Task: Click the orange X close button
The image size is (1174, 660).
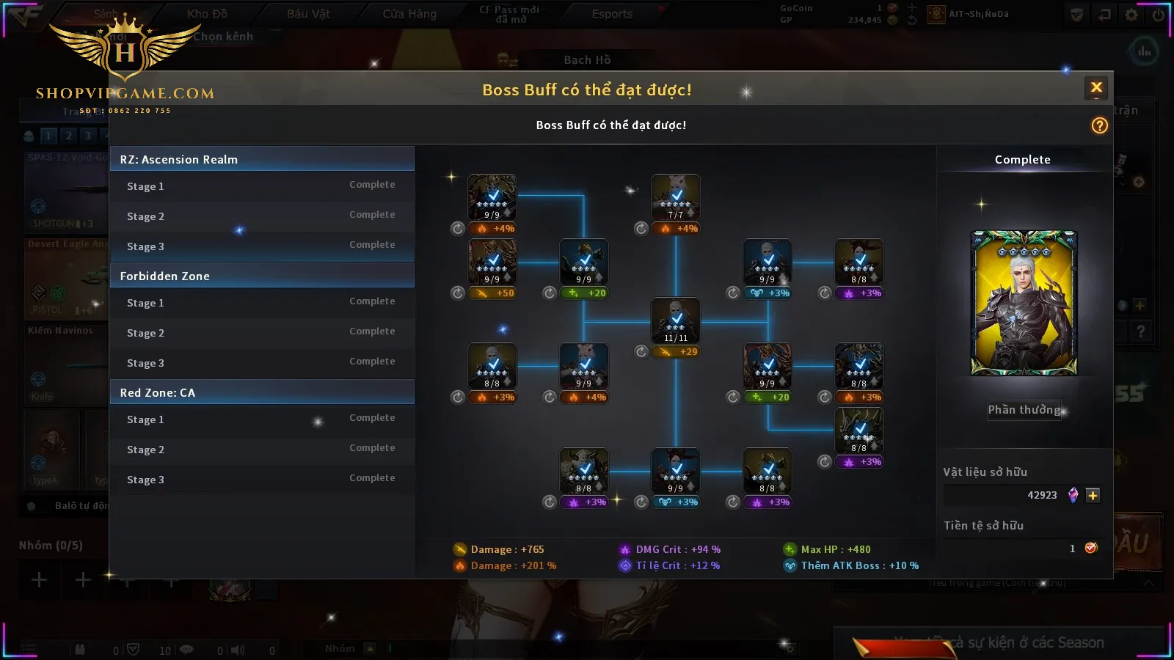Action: click(x=1096, y=88)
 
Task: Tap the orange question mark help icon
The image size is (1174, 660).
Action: click(x=1099, y=125)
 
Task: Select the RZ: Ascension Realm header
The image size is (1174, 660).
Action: click(x=262, y=159)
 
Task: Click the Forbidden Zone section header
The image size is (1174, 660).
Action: click(x=262, y=276)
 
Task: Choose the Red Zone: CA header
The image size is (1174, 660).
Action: click(x=262, y=392)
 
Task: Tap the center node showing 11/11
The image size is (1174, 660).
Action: click(x=676, y=320)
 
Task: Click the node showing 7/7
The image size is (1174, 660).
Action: click(x=676, y=197)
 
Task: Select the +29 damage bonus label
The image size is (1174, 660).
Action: click(x=679, y=352)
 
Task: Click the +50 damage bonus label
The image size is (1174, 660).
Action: click(x=496, y=293)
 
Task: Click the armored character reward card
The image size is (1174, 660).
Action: click(x=1024, y=303)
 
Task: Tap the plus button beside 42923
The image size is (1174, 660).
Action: click(x=1093, y=496)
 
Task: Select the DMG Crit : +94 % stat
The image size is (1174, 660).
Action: click(x=677, y=549)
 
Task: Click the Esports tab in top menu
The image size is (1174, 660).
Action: click(x=612, y=14)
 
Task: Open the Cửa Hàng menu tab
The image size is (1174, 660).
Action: click(x=409, y=14)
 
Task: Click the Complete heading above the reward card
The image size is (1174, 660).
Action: click(x=1022, y=160)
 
